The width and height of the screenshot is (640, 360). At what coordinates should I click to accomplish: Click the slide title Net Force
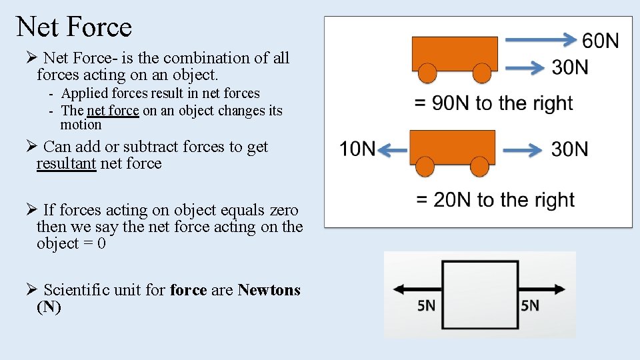click(x=74, y=27)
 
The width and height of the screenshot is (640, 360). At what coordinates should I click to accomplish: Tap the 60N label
click(x=600, y=41)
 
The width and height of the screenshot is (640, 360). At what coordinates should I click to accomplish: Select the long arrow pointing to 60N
click(x=541, y=40)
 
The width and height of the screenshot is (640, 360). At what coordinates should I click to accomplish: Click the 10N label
click(x=358, y=149)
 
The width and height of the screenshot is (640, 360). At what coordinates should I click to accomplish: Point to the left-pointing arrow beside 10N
click(x=392, y=151)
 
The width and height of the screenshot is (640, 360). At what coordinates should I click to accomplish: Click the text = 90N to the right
click(x=493, y=103)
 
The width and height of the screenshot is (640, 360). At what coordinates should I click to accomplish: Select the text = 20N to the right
click(x=495, y=200)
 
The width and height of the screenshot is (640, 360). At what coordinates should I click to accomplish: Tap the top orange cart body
click(x=455, y=53)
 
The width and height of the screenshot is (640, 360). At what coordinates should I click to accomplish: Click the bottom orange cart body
click(x=452, y=147)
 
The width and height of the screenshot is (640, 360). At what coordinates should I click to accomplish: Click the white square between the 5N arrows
click(x=480, y=289)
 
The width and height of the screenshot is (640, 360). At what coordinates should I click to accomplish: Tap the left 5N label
click(x=426, y=306)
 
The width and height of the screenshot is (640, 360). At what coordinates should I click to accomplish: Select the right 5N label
click(x=530, y=306)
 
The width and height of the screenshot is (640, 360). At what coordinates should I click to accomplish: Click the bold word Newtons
click(x=269, y=290)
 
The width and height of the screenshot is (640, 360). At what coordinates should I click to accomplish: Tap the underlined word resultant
click(x=67, y=163)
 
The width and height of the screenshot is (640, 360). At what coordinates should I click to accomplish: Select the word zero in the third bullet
click(x=284, y=211)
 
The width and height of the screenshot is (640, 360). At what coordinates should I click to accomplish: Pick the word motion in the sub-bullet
click(x=81, y=125)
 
